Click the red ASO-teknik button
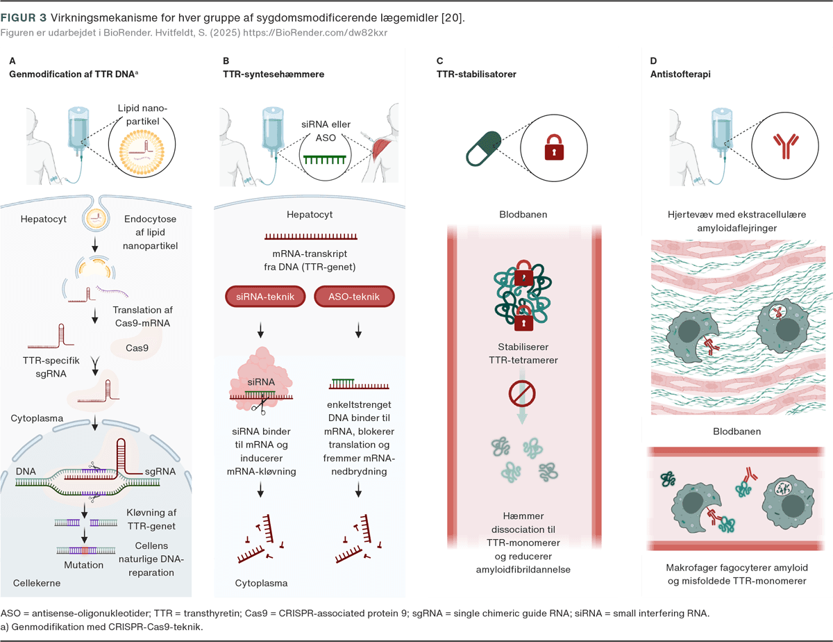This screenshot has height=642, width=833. point(354,297)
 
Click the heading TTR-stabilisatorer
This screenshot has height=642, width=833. point(476,74)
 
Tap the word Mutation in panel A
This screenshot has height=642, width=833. point(83,565)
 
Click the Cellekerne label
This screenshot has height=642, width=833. point(37,583)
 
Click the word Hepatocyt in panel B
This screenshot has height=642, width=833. point(309,215)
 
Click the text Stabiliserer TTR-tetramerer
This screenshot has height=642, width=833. point(522,354)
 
